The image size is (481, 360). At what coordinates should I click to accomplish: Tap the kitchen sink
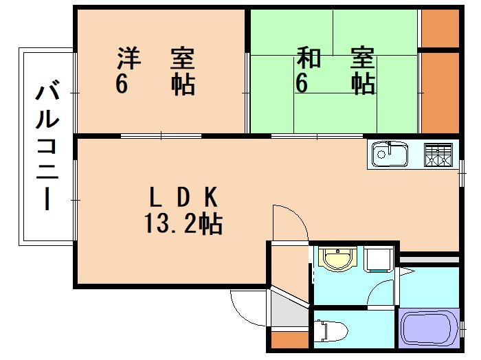[x=390, y=155]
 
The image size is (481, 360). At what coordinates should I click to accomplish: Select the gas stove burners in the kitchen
[x=438, y=155]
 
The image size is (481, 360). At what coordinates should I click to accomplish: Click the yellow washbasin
[x=337, y=259]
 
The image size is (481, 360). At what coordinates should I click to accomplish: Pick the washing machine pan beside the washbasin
[x=378, y=259]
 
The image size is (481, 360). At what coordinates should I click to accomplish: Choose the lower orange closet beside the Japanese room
[x=439, y=92]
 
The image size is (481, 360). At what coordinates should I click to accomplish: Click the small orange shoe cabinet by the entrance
[x=289, y=339]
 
